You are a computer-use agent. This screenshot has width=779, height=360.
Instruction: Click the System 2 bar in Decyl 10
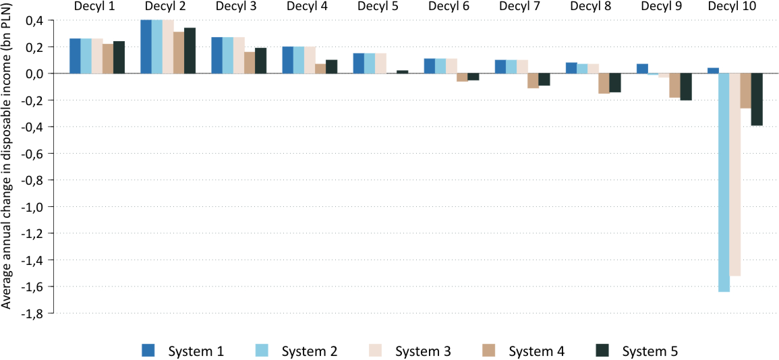tap(723, 182)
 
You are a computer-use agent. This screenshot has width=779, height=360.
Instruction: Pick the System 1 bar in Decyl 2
tap(146, 47)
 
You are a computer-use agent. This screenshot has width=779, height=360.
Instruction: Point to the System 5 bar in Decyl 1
tap(119, 57)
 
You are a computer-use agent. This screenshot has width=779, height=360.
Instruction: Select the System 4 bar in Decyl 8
tap(604, 84)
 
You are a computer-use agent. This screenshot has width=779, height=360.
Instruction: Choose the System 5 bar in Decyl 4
tap(331, 67)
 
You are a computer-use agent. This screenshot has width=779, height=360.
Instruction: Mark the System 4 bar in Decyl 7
tap(533, 80)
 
